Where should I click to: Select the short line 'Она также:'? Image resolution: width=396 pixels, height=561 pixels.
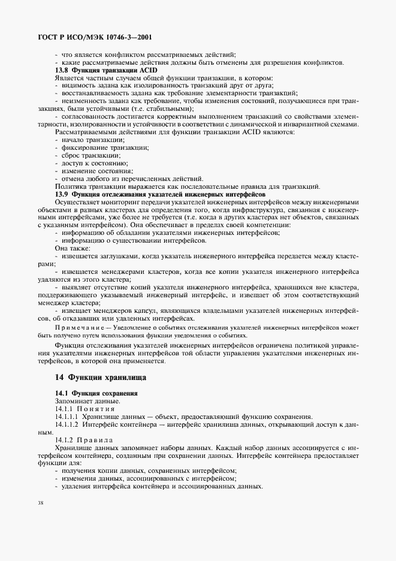(x=73, y=248)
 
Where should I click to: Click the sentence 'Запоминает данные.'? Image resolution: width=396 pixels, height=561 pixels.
(x=87, y=400)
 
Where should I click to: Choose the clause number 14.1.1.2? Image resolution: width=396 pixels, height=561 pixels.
(x=67, y=424)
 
